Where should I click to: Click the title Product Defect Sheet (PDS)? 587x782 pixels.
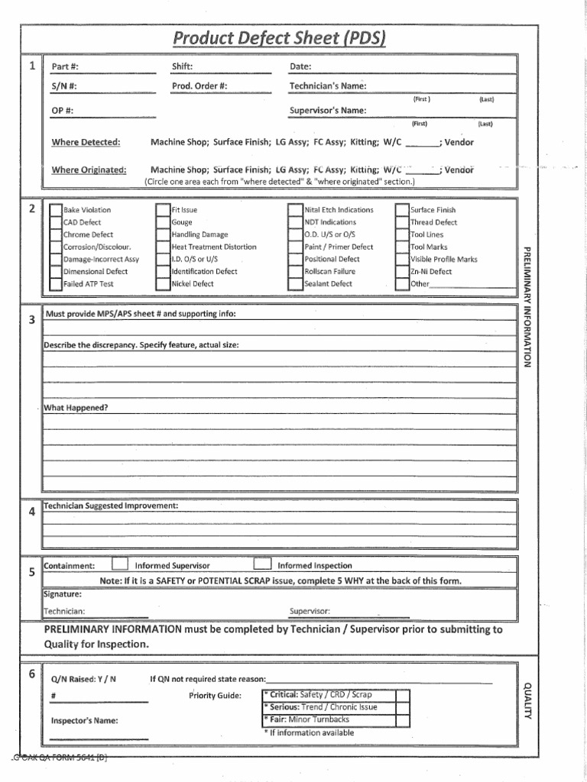[x=279, y=37]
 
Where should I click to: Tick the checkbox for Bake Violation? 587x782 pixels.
[x=56, y=210]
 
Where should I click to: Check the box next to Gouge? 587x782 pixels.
[x=163, y=222]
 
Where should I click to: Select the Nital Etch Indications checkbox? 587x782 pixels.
[x=296, y=210]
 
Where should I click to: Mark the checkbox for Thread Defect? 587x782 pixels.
[x=402, y=222]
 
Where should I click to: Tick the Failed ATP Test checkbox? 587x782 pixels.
[x=56, y=284]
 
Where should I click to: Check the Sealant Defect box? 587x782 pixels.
[x=296, y=284]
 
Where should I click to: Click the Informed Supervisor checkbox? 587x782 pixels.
[x=120, y=565]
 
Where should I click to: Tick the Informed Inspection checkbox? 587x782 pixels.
[x=262, y=565]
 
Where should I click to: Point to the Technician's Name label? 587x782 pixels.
[x=328, y=86]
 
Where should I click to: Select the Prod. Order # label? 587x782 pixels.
[x=199, y=86]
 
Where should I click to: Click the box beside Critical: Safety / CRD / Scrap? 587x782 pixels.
[x=403, y=696]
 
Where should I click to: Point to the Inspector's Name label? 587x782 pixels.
[x=84, y=720]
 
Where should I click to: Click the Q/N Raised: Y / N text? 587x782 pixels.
[x=83, y=679]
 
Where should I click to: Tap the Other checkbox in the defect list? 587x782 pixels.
[x=402, y=284]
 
